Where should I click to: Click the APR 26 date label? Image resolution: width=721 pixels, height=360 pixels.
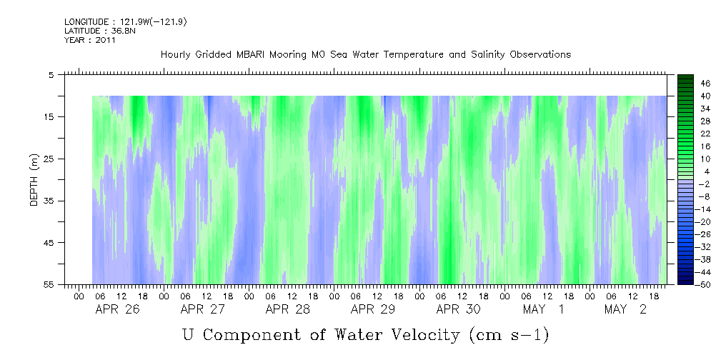[x=117, y=309]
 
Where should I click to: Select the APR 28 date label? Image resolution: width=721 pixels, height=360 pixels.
[x=287, y=309]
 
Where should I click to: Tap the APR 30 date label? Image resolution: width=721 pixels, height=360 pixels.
[x=458, y=309]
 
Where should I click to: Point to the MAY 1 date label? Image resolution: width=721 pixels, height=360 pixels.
[x=543, y=309]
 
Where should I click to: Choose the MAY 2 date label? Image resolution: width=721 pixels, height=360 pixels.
[x=625, y=309]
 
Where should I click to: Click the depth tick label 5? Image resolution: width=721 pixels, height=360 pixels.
[x=51, y=74]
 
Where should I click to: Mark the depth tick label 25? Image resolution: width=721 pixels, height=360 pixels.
[x=49, y=159]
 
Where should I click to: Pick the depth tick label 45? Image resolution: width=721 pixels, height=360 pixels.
[x=49, y=243]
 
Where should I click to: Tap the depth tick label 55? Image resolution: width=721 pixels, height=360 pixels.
[x=49, y=284]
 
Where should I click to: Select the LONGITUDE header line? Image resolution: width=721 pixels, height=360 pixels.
[x=126, y=22]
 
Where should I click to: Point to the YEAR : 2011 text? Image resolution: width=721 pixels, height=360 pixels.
[x=90, y=40]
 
